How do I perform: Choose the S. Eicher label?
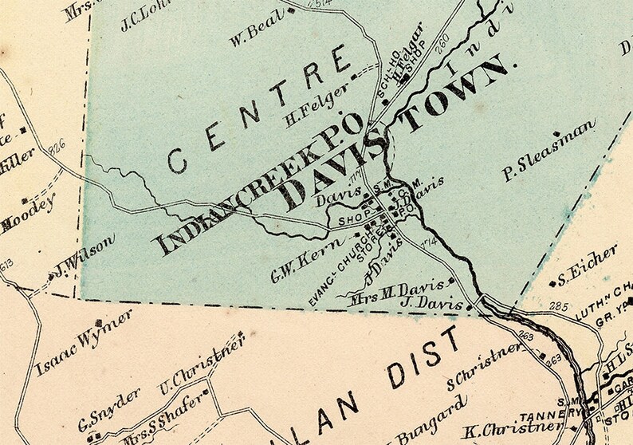coord(590,266)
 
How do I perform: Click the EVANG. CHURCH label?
coord(340,269)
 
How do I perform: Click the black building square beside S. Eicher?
coord(552,282)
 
